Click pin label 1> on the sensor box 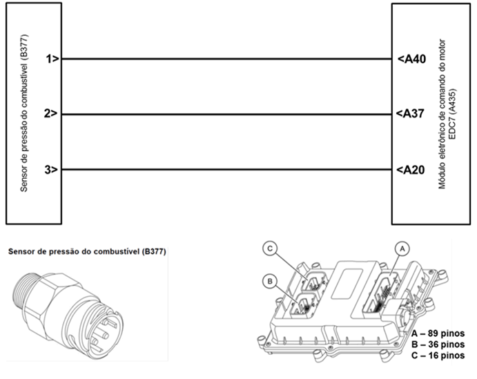(x=52, y=59)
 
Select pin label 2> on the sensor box (x=52, y=114)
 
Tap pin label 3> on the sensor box (x=52, y=170)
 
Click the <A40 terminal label (x=411, y=59)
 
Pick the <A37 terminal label (x=411, y=114)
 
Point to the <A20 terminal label (x=411, y=170)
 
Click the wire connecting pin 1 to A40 (x=228, y=59)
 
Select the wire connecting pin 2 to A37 (x=228, y=114)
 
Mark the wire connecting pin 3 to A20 (x=228, y=170)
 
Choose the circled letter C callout (x=271, y=247)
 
